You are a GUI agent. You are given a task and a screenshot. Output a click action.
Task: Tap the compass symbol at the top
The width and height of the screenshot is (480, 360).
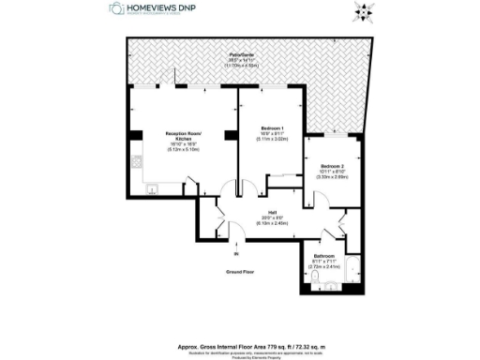362,12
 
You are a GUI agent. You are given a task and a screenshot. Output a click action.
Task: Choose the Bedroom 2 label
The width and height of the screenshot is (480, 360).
330,165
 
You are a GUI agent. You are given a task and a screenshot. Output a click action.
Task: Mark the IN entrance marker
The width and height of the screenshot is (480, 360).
236,253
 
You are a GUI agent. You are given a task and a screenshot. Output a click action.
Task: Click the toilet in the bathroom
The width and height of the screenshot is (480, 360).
318,279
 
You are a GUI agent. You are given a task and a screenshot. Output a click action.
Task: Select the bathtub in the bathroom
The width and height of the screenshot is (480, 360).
350,273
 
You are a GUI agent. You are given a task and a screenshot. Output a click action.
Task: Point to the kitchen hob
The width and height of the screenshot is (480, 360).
137,160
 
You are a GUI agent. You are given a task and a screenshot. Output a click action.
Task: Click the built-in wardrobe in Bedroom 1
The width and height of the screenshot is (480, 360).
282,176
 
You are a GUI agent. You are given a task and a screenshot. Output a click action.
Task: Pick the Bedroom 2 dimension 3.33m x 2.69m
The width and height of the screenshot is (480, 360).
330,176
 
